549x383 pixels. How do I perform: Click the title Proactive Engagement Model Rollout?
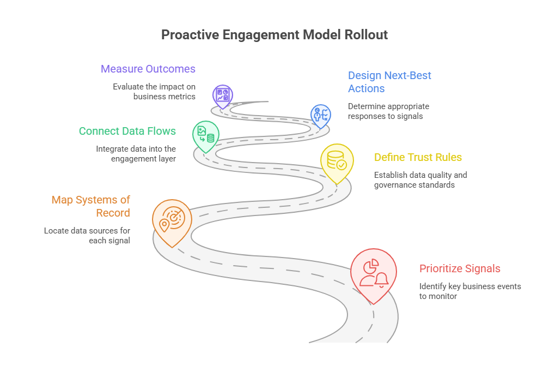(274, 35)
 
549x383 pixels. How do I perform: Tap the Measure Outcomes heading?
(148, 69)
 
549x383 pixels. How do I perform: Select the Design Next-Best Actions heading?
(389, 82)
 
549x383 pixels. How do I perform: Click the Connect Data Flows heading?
(127, 131)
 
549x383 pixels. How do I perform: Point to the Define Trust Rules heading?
(418, 158)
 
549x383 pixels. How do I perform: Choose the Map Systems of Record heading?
(90, 206)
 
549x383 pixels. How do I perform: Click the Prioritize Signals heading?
(460, 268)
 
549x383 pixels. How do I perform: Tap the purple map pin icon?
(222, 95)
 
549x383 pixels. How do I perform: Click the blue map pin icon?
(320, 115)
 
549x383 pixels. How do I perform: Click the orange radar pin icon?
(172, 220)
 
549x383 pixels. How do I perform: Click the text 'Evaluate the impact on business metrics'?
(154, 92)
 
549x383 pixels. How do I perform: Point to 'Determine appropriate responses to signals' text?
(388, 111)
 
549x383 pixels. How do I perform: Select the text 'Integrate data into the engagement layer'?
(136, 154)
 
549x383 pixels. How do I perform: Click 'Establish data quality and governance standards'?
(420, 180)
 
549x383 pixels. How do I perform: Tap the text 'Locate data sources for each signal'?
(87, 236)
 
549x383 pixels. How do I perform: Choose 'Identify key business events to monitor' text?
(469, 291)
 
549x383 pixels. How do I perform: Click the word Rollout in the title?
(366, 35)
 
